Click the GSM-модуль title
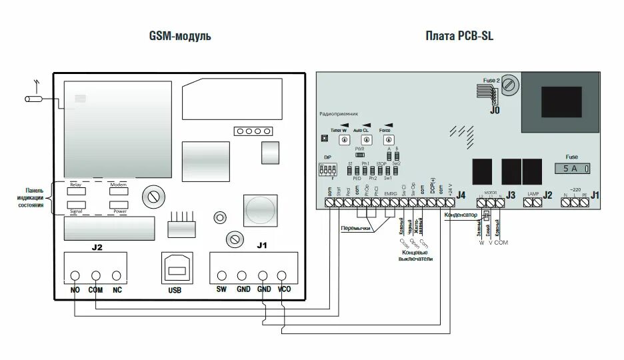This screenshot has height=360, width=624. (179, 36)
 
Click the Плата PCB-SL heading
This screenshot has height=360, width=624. (459, 36)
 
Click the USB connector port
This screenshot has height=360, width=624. (175, 270)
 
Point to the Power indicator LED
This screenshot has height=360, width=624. (119, 205)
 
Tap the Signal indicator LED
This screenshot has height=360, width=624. (76, 205)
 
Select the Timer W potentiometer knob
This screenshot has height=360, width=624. (344, 140)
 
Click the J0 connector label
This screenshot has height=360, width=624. (494, 111)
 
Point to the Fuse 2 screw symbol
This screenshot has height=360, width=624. (511, 84)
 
